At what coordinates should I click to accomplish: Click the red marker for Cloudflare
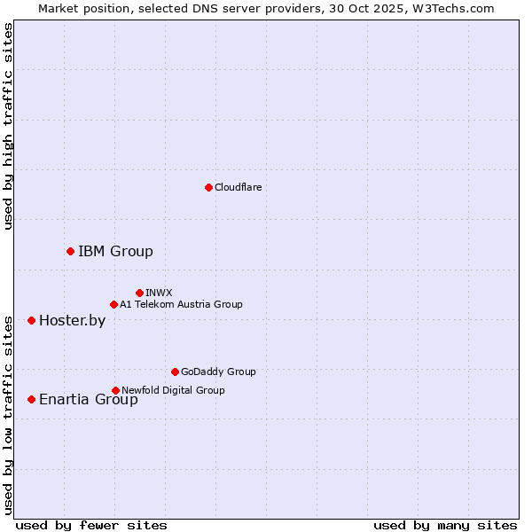208,187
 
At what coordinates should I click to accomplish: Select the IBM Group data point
70,252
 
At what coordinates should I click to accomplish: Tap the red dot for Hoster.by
31,320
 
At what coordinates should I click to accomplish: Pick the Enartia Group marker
31,399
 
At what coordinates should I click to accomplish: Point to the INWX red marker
139,293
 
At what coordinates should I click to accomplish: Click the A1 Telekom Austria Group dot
113,304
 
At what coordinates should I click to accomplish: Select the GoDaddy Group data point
175,372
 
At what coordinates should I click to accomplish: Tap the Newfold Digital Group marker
115,390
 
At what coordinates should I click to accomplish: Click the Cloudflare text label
238,187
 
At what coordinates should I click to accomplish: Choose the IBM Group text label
115,252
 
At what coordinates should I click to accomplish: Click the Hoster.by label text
72,321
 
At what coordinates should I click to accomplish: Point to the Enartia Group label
88,400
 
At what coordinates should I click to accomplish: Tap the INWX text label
159,293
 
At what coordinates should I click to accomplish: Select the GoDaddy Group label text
218,372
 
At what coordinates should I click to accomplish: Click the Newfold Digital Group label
173,390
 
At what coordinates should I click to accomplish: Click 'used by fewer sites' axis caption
91,525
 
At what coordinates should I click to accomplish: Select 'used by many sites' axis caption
445,525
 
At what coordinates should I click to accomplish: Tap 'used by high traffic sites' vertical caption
9,126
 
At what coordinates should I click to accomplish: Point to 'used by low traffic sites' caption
9,414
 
